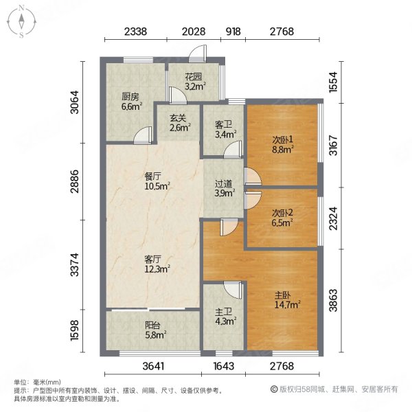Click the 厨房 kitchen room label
(131, 101)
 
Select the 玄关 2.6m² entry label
(179, 122)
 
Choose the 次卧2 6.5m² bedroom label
(282, 217)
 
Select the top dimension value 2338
(135, 31)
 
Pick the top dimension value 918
(233, 31)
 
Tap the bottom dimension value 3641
(154, 367)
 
